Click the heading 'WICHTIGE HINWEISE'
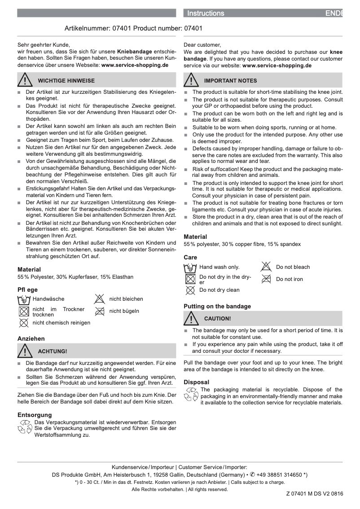[66, 81]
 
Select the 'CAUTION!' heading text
[217, 319]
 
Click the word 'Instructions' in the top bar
[206, 13]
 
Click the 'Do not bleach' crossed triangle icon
[266, 267]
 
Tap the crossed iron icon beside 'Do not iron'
[266, 279]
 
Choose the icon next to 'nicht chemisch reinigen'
[24, 323]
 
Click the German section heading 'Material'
[29, 269]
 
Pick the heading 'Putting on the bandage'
[217, 307]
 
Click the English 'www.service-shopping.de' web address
[277, 66]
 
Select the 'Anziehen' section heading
[31, 338]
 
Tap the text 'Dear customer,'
[202, 45]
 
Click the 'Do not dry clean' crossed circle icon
[190, 290]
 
